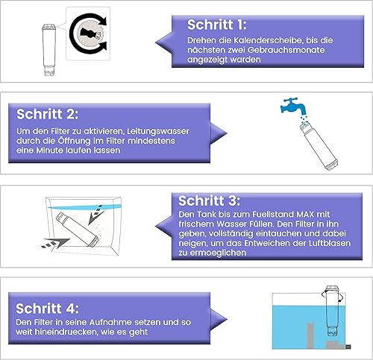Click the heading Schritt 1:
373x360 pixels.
coord(216,25)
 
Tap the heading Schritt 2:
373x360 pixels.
coord(47,114)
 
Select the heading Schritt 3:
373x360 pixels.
coord(210,200)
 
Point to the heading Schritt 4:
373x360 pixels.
coord(47,309)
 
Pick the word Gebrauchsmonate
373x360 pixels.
coord(286,50)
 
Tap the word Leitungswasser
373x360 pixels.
coord(158,131)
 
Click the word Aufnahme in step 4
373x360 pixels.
coord(110,322)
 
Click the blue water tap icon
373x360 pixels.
coord(293,106)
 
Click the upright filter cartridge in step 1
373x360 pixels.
coord(49,49)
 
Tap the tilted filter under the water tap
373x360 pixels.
coord(319,145)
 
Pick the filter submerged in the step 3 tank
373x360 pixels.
coord(78,230)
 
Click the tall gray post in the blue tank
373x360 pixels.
coord(310,335)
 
